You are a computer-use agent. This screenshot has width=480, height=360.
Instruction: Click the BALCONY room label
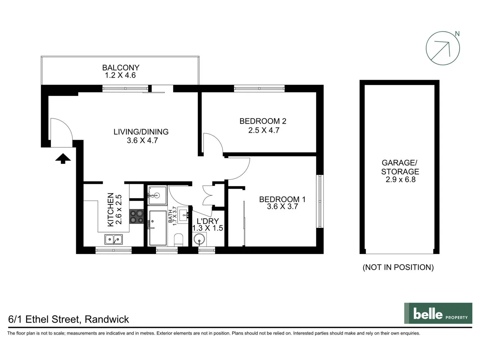coord(120,68)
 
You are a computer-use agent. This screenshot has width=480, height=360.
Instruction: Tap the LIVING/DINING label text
coord(141,132)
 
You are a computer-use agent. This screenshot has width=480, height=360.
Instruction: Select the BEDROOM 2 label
coord(263,121)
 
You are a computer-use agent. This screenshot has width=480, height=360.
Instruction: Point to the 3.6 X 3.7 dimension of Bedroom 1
coord(282,207)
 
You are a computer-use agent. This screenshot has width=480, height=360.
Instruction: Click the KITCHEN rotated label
coord(111,210)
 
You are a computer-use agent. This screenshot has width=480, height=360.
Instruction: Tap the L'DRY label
coord(207,221)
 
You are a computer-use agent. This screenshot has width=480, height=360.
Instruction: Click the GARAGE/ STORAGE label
coord(400,167)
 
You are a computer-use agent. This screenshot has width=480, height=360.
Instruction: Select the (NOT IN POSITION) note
coord(398,267)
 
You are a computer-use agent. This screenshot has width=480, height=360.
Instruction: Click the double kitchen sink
coord(113,239)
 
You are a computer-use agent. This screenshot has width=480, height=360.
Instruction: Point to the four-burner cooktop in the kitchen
coord(136,216)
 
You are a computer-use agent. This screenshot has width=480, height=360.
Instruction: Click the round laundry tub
coord(199,239)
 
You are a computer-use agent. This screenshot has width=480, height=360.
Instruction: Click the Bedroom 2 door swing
coord(212,143)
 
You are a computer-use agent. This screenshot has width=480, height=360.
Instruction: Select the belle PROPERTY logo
coord(438,313)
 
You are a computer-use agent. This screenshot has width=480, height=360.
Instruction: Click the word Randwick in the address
coord(107,319)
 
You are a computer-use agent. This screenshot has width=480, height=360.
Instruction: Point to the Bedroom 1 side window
coord(320,201)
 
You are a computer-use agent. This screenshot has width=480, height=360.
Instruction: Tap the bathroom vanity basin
coord(183,214)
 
